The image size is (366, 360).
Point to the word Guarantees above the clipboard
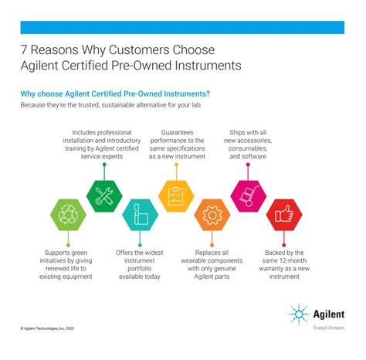(x=183, y=132)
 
